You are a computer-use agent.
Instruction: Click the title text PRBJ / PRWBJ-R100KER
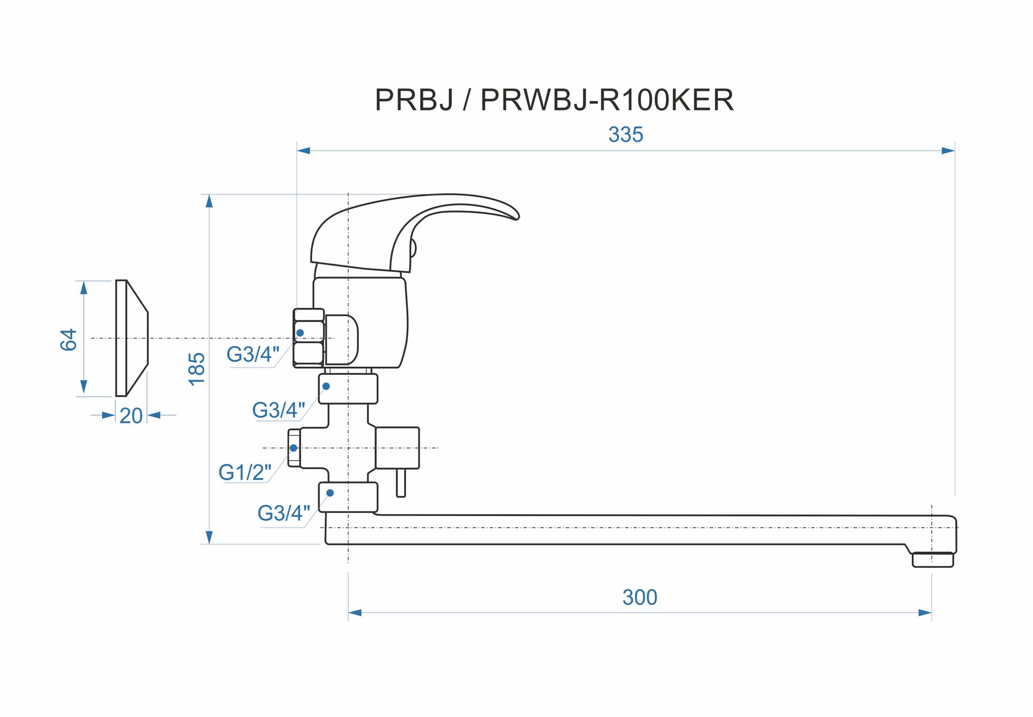pyautogui.click(x=554, y=100)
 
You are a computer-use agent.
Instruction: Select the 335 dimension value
pyautogui.click(x=625, y=135)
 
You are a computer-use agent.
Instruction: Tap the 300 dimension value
pyautogui.click(x=639, y=597)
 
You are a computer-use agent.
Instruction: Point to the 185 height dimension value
pyautogui.click(x=196, y=369)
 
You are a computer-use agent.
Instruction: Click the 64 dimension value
pyautogui.click(x=69, y=339)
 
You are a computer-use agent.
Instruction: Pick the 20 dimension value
pyautogui.click(x=130, y=416)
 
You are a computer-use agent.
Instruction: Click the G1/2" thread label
pyautogui.click(x=245, y=472)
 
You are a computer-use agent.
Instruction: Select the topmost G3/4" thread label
pyautogui.click(x=253, y=354)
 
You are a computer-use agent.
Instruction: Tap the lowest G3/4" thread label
pyautogui.click(x=283, y=513)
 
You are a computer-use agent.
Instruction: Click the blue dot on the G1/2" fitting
pyautogui.click(x=294, y=448)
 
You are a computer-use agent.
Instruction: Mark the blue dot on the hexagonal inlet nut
pyautogui.click(x=300, y=333)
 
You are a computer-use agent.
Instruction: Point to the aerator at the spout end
pyautogui.click(x=932, y=559)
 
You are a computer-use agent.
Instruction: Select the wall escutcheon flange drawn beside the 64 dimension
pyautogui.click(x=131, y=338)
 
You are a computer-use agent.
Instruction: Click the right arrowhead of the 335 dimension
pyautogui.click(x=948, y=151)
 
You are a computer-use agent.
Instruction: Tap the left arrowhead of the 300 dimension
pyautogui.click(x=355, y=613)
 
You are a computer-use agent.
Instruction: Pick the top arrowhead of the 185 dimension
pyautogui.click(x=209, y=201)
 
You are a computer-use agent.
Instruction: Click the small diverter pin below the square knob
pyautogui.click(x=401, y=483)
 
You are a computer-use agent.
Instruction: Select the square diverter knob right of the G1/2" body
pyautogui.click(x=397, y=448)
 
